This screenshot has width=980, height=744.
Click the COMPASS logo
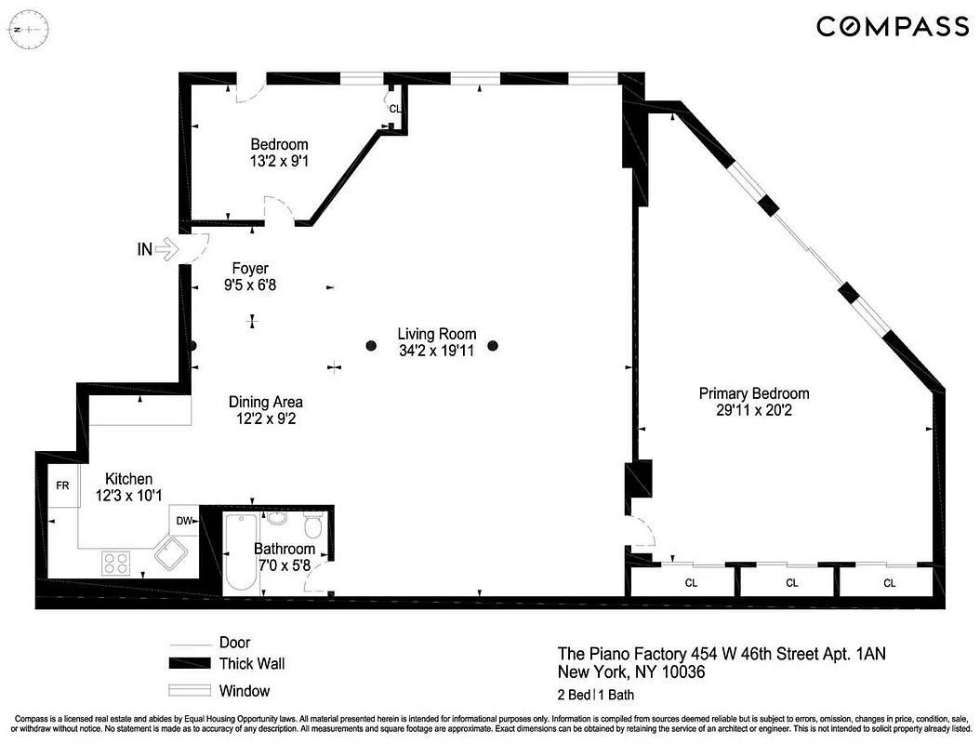892,26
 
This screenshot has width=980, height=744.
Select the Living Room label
436,334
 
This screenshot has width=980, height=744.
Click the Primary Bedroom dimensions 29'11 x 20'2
754,409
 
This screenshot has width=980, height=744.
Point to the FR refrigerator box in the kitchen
63,486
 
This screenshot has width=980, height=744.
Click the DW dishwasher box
184,521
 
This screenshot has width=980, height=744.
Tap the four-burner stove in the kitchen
116,563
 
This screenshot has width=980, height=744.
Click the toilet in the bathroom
313,528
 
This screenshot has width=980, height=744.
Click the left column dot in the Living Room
370,346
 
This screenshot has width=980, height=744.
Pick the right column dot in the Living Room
493,346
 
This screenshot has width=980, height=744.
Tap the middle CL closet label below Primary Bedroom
791,583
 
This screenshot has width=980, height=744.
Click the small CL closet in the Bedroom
395,109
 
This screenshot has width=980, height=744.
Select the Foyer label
250,269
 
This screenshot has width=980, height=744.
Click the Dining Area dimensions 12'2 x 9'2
266,418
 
